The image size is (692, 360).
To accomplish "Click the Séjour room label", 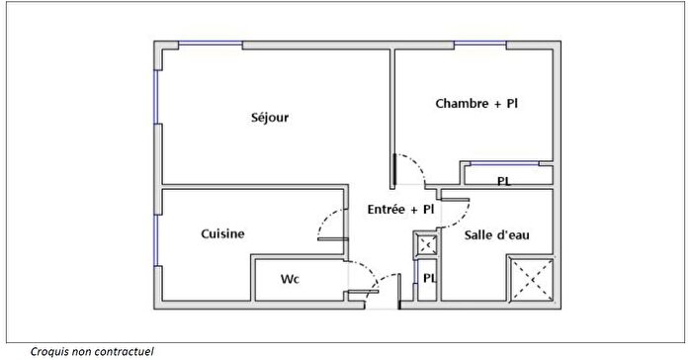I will coord(270,118).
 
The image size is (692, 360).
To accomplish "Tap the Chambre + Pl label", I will coord(476,103).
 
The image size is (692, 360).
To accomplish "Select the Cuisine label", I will coord(222,233).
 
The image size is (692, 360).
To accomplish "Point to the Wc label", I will coord(290,279).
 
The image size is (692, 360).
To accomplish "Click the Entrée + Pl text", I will coord(400,210).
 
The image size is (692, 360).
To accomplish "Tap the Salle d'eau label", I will coord(497,234).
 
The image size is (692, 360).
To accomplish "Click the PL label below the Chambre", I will coord(504,181).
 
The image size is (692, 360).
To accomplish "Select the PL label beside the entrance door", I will coord(429,278).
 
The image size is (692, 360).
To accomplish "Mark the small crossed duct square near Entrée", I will coord(428,244).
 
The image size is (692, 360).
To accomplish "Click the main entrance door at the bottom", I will coord(383,293).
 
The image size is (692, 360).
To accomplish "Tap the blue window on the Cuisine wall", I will coord(155,240).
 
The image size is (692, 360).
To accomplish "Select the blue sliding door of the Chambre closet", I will coord(504,162).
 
